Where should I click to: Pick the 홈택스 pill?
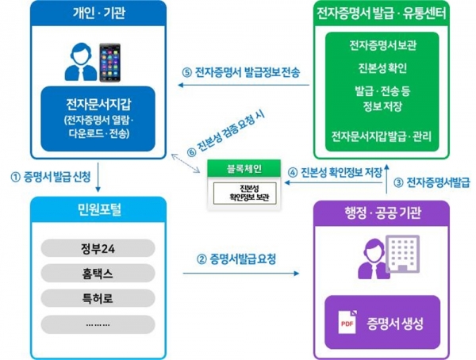click(98, 275)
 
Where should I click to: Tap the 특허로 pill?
click(98, 300)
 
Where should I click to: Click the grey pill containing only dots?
click(98, 324)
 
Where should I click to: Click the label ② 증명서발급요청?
click(238, 259)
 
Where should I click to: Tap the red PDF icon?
click(347, 324)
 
